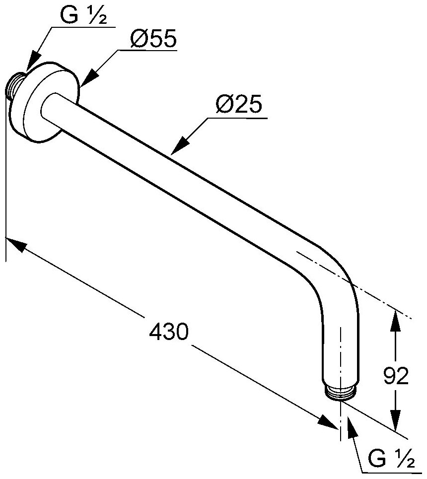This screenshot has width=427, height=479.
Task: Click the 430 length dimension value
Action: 169,332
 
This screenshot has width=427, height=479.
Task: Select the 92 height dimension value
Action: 396,377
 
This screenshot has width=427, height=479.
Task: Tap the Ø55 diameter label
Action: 153,40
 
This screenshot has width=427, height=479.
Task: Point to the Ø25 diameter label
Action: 239,106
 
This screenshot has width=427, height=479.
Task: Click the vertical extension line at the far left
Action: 6,199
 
